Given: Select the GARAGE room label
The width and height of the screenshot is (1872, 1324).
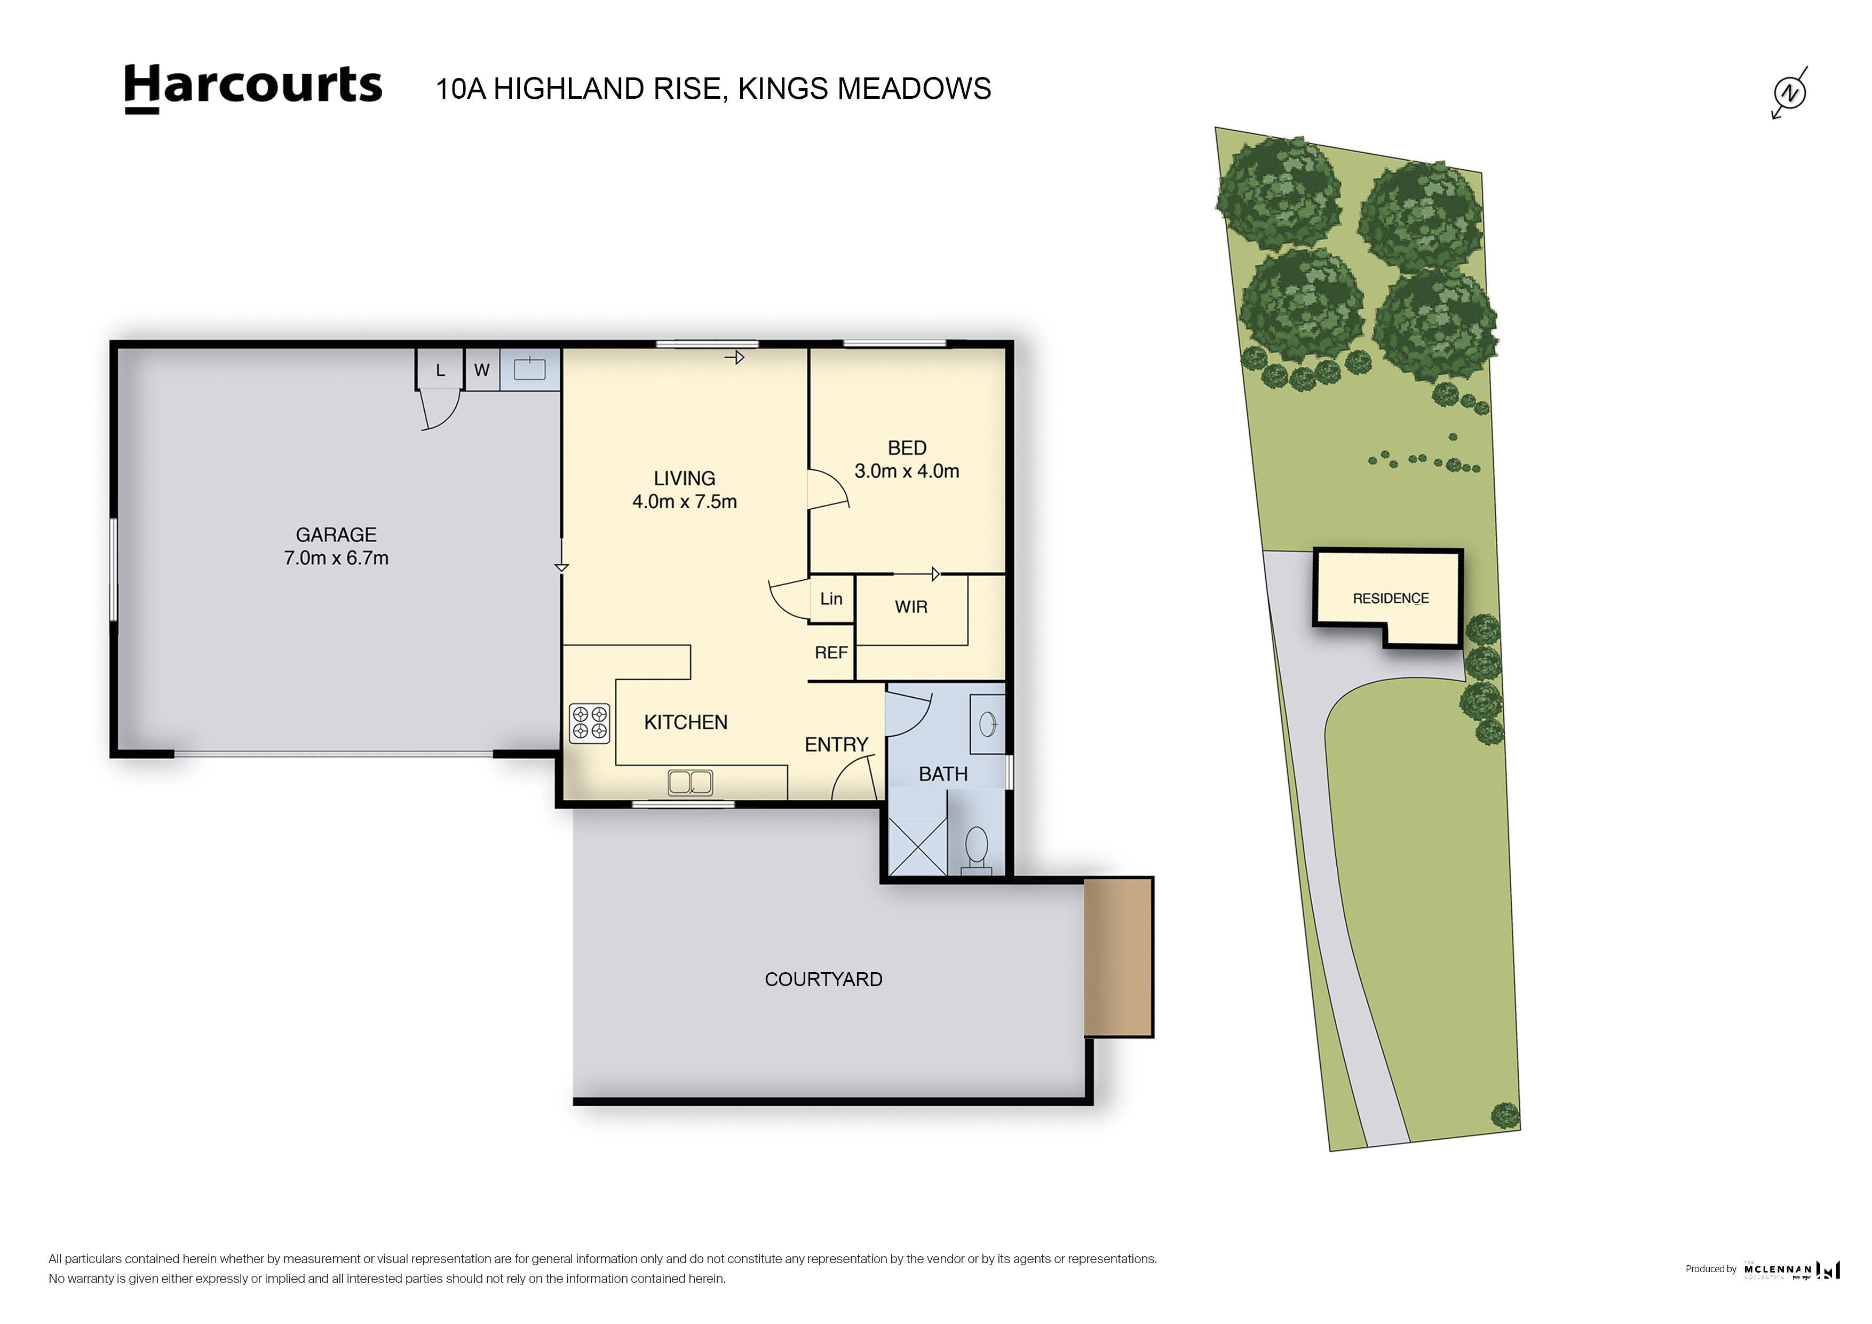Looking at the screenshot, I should [x=336, y=534].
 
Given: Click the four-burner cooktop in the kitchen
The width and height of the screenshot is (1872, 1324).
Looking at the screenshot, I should [x=590, y=723].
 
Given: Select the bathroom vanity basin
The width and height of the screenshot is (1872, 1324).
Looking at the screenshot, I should [x=987, y=723].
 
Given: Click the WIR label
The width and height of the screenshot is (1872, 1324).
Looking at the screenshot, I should [x=911, y=607].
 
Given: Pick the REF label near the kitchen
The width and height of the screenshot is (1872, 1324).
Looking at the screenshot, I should [x=831, y=652].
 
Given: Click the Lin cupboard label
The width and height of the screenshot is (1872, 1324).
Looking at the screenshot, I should [x=831, y=599].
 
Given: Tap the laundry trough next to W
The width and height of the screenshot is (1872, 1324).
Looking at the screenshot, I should [x=530, y=369].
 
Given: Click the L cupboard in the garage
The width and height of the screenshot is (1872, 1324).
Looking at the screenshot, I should [x=440, y=371].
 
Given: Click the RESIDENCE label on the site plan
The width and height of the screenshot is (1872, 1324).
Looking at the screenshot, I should [x=1390, y=598].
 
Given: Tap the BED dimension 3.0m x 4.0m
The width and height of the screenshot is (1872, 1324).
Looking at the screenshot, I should [x=907, y=471].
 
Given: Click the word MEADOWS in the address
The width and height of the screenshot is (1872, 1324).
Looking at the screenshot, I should [x=914, y=88].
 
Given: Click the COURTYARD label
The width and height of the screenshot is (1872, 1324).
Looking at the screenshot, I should [x=823, y=979].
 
